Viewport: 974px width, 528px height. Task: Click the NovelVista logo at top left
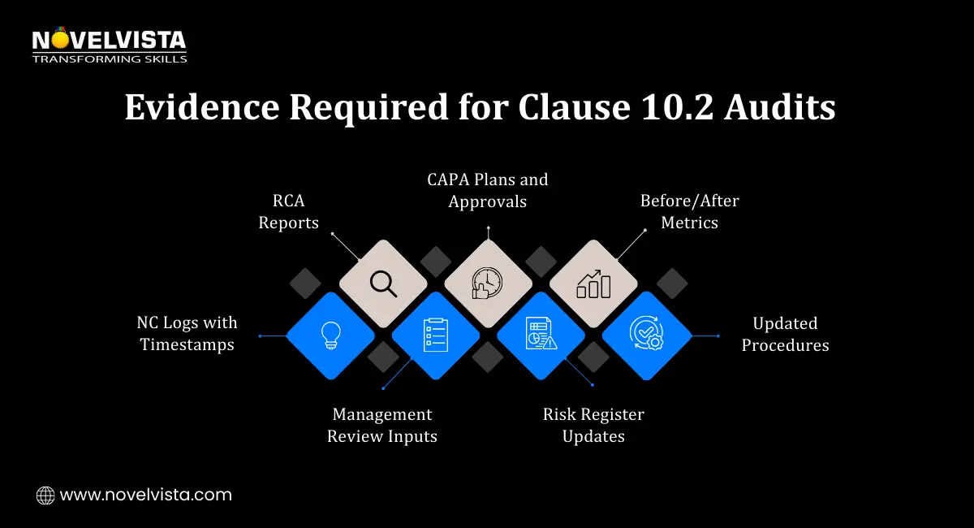[x=109, y=45]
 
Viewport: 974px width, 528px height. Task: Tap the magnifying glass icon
[x=382, y=283]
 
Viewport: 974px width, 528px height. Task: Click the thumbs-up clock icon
[x=488, y=283]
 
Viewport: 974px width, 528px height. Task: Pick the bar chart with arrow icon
[x=593, y=283]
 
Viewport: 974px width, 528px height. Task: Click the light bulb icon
[x=330, y=335]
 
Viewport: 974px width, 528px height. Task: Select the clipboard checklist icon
[x=436, y=335]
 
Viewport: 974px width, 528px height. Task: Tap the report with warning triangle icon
[x=541, y=335]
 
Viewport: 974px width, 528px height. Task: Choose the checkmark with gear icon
[x=646, y=335]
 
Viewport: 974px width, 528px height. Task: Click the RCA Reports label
[x=289, y=211]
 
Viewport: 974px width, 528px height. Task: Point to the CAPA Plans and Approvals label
[x=488, y=190]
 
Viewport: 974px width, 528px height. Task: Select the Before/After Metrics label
[x=689, y=211]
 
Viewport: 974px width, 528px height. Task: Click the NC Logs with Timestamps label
[x=187, y=334]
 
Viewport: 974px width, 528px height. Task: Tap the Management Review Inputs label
[x=382, y=426]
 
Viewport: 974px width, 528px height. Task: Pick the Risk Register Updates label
[x=593, y=426]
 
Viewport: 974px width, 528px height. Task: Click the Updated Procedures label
[x=785, y=334]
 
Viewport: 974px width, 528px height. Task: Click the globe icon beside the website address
[x=45, y=495]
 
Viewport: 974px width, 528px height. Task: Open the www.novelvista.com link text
[x=146, y=495]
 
